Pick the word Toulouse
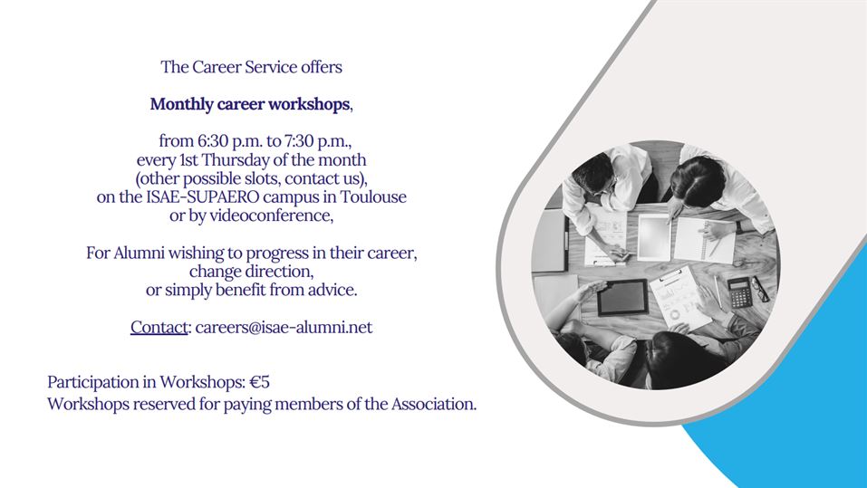pyautogui.click(x=373, y=197)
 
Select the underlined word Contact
pyautogui.click(x=159, y=327)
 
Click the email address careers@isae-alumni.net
pyautogui.click(x=284, y=327)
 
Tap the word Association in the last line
pyautogui.click(x=433, y=404)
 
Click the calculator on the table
pyautogui.click(x=739, y=292)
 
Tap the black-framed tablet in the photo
pyautogui.click(x=622, y=297)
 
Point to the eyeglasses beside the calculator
pyautogui.click(x=760, y=289)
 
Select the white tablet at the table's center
pyautogui.click(x=654, y=237)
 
